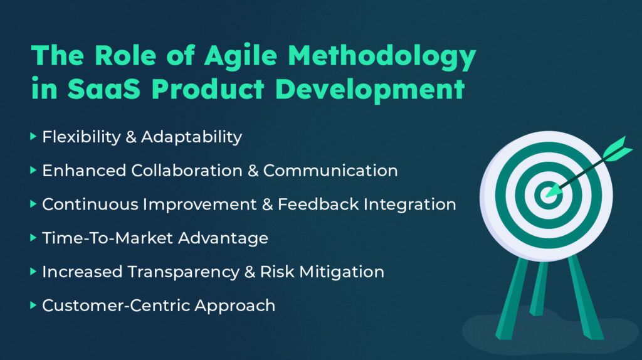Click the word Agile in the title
241,55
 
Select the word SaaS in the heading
104,88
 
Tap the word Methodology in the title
382,56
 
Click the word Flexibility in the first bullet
82,137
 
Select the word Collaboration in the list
186,171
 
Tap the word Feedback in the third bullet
318,204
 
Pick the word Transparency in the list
183,272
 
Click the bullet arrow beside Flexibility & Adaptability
34,136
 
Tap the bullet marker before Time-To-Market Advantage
34,238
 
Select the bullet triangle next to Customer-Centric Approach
34,305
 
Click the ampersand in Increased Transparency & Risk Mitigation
250,272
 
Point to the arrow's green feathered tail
617,149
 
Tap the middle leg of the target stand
539,289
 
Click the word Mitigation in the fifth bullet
342,272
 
